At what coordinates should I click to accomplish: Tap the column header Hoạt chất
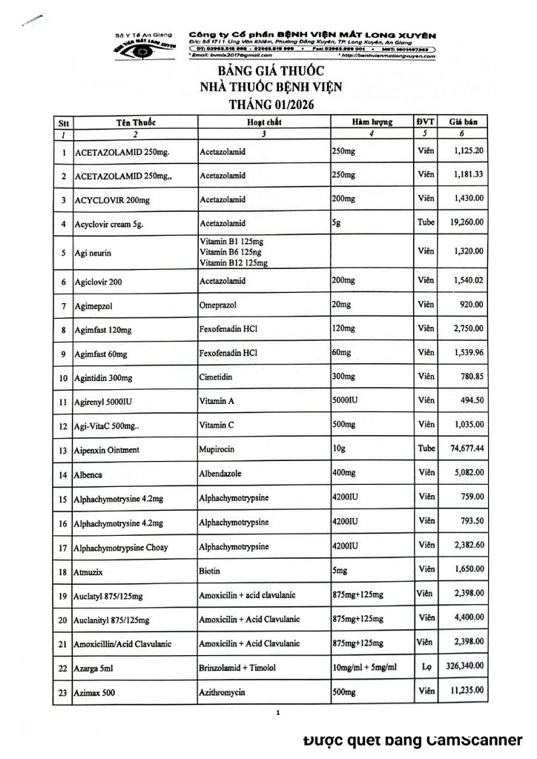pos(263,121)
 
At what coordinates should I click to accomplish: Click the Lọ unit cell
pos(425,666)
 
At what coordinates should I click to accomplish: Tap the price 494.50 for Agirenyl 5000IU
pos(470,400)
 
